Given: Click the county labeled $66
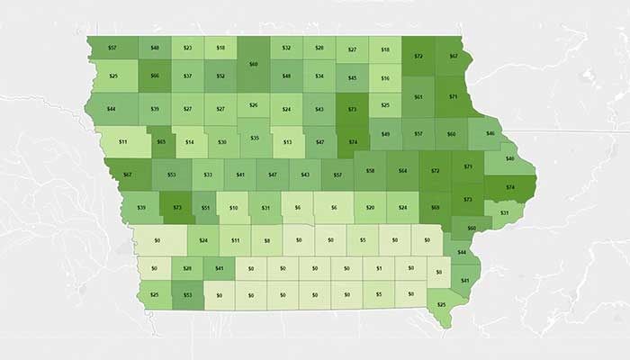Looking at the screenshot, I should coord(154,76).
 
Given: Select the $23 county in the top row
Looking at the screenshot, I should coord(187,47).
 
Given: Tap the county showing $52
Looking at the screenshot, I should coord(220,76).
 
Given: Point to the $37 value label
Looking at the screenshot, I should coord(187,76).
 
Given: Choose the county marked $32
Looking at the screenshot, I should coord(286,47).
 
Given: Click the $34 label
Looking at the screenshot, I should coord(319,76).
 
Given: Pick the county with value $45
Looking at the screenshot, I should coord(352,79).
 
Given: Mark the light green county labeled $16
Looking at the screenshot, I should coord(385,79).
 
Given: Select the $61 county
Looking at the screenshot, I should coord(418,95).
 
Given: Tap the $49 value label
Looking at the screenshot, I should coord(385,133).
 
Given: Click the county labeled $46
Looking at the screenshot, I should coord(490,133).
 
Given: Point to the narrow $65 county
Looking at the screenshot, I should coord(161,141).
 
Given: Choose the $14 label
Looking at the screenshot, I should coord(190,141).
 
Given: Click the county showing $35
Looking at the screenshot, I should coord(255,138).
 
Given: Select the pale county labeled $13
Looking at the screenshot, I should coord(287,141).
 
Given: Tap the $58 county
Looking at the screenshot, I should coord(370,169).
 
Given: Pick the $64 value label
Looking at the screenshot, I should coord(402,169).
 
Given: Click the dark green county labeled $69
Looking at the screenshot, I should coord(436,207).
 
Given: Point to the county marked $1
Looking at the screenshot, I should coord(379,267).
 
